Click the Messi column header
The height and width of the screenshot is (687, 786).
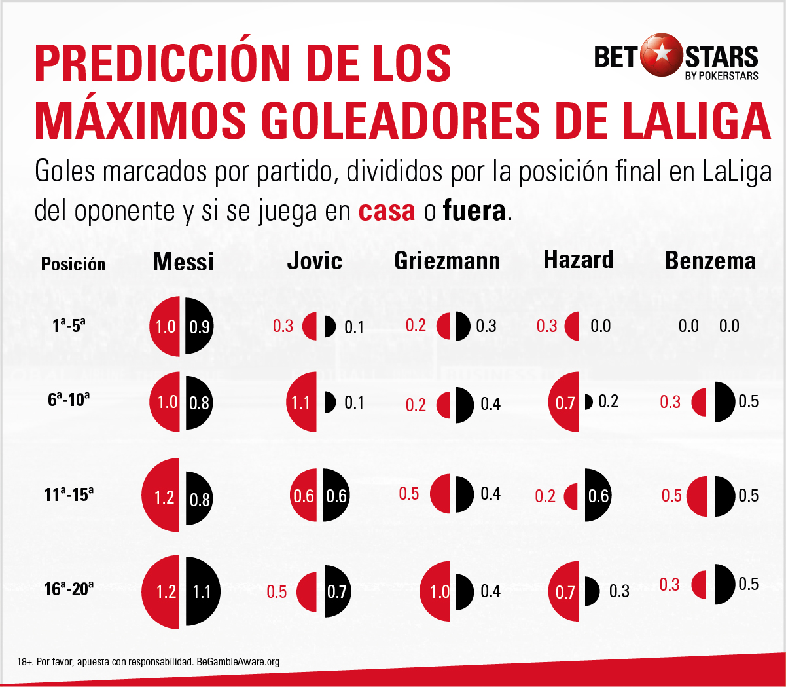click(183, 262)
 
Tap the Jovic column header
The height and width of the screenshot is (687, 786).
click(314, 261)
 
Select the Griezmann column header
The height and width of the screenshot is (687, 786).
click(447, 261)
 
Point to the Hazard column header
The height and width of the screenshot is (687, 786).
click(579, 259)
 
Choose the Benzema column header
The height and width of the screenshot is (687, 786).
click(710, 261)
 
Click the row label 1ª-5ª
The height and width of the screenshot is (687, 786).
click(69, 325)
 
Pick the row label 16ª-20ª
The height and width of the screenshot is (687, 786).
click(69, 589)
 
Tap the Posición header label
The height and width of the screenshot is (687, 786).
click(73, 264)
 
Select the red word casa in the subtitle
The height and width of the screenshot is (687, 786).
click(387, 211)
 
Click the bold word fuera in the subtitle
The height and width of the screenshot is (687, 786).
click(474, 211)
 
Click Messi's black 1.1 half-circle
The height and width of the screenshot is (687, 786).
click(202, 592)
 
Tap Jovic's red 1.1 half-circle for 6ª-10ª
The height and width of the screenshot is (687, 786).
click(302, 402)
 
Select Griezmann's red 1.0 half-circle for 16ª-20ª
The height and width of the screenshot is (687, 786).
click(436, 591)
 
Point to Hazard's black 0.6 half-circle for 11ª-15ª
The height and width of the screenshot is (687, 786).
click(598, 496)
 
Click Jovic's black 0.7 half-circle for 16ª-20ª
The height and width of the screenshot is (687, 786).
click(336, 592)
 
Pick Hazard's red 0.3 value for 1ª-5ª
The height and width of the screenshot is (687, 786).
click(546, 326)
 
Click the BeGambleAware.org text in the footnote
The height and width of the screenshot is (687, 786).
click(238, 661)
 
